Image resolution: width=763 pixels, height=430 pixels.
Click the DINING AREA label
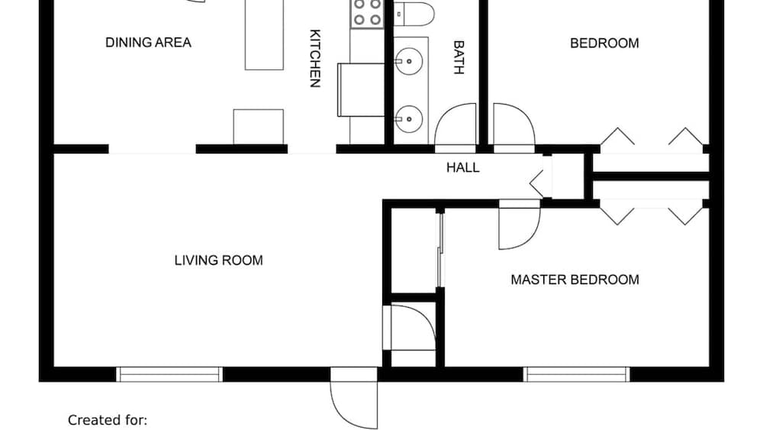pos(148,43)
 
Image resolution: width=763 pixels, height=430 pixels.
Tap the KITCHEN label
pos(315,59)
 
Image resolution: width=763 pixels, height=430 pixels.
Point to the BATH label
pos(459,57)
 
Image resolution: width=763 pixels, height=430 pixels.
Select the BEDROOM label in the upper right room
pos(604,44)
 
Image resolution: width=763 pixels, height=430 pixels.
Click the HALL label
pos(463,167)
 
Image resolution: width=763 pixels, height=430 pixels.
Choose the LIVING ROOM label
pos(218,260)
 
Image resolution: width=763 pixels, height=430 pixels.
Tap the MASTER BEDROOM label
pos(575,280)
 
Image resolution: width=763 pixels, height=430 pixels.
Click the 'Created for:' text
pos(107,420)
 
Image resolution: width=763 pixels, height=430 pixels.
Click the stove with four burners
pos(368,14)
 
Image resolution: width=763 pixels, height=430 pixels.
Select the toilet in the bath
pos(414,14)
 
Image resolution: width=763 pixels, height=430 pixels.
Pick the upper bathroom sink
pos(408,61)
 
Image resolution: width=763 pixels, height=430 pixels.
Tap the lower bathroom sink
pos(408,119)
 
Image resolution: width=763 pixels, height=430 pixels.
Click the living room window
pos(169,374)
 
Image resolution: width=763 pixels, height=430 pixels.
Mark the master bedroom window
pos(576,374)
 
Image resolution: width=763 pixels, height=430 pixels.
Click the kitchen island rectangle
pos(264,34)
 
